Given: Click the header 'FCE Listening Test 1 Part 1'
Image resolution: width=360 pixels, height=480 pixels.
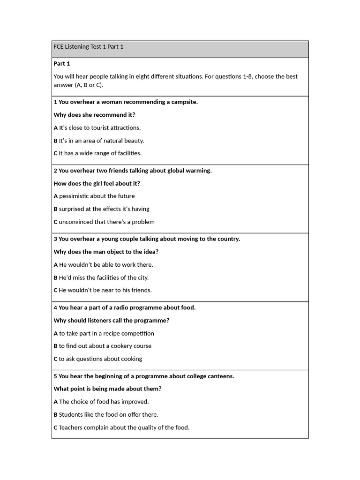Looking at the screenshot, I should pyautogui.click(x=89, y=47).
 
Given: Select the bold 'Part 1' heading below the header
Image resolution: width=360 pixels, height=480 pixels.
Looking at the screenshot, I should pyautogui.click(x=62, y=64).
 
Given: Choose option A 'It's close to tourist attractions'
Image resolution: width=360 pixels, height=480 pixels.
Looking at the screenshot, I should pyautogui.click(x=97, y=127).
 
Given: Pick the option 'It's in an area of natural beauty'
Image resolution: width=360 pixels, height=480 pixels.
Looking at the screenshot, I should pyautogui.click(x=99, y=141).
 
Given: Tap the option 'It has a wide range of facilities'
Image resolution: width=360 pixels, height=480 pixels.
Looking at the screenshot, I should pyautogui.click(x=97, y=153).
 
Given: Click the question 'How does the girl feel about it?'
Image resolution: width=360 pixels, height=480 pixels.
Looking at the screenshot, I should pyautogui.click(x=97, y=184).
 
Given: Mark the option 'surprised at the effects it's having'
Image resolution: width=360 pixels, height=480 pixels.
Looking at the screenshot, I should pyautogui.click(x=102, y=209).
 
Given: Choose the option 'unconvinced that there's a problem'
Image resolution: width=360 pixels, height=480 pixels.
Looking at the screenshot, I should pyautogui.click(x=104, y=222).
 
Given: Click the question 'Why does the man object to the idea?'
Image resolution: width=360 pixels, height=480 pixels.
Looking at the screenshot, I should pyautogui.click(x=106, y=252).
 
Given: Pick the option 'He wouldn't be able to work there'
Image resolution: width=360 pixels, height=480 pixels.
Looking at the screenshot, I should pyautogui.click(x=103, y=265).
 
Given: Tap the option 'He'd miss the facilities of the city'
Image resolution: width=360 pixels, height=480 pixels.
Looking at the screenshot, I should pyautogui.click(x=103, y=277).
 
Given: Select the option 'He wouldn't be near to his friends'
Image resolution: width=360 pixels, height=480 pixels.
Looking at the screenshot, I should pyautogui.click(x=103, y=290).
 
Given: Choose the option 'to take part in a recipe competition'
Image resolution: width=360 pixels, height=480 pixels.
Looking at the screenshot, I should pyautogui.click(x=104, y=333).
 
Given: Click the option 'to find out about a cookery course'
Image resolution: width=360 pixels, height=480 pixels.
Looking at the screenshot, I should pyautogui.click(x=102, y=346).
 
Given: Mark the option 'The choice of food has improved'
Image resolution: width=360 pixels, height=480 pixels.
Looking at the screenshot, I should pyautogui.click(x=101, y=402).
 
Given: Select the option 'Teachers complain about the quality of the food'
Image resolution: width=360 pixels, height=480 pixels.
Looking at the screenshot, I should pyautogui.click(x=121, y=427).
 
